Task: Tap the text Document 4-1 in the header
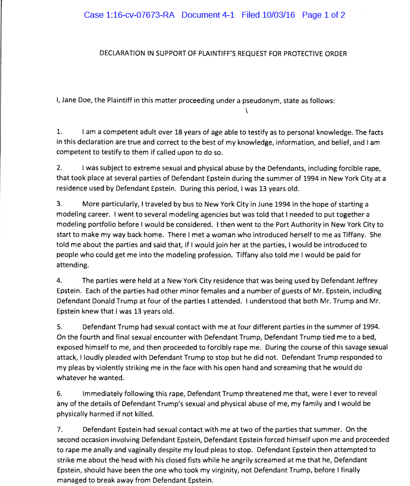[207, 15]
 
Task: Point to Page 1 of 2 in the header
[323, 15]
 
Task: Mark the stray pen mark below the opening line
[246, 111]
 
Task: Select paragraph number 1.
[59, 132]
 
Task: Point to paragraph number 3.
[59, 204]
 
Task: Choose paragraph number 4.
[59, 281]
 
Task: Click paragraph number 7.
[59, 430]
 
